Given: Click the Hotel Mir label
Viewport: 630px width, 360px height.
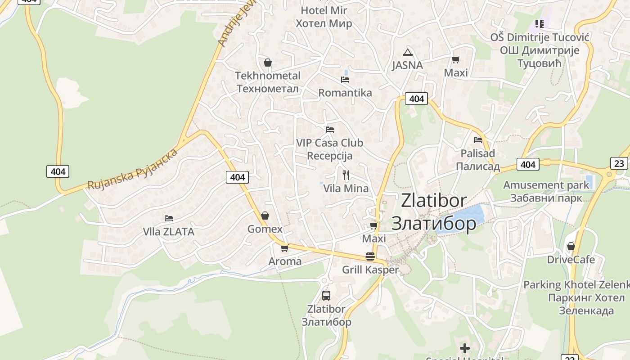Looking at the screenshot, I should pyautogui.click(x=324, y=10).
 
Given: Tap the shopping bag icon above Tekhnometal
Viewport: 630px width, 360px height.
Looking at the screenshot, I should pyautogui.click(x=268, y=63).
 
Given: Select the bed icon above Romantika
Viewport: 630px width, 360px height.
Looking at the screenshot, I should pyautogui.click(x=345, y=80).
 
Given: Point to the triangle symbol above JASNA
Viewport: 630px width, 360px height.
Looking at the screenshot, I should pyautogui.click(x=408, y=52).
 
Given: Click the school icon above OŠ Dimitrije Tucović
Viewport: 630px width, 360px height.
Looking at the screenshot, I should pyautogui.click(x=539, y=24).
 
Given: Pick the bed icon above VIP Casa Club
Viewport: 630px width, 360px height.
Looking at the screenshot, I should pyautogui.click(x=330, y=130).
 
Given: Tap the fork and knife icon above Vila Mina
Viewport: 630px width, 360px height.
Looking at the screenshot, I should pyautogui.click(x=346, y=175).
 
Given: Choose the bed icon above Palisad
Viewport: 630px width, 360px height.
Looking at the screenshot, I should pyautogui.click(x=478, y=140).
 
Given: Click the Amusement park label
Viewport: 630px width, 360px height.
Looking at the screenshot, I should pyautogui.click(x=546, y=185).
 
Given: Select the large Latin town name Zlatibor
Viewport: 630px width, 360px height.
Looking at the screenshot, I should pyautogui.click(x=434, y=200).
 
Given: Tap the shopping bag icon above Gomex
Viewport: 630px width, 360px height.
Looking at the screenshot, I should pyautogui.click(x=265, y=216).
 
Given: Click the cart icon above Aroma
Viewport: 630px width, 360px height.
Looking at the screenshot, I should pyautogui.click(x=285, y=248).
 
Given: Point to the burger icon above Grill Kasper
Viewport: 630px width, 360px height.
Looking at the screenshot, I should pyautogui.click(x=370, y=256).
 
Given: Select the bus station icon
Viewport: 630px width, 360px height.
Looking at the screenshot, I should pyautogui.click(x=326, y=296).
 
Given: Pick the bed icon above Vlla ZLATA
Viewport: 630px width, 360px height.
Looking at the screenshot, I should pyautogui.click(x=169, y=218).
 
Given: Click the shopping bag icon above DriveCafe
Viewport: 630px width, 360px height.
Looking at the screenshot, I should pyautogui.click(x=571, y=246).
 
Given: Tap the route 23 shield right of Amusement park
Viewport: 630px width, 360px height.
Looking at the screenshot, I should pyautogui.click(x=619, y=163).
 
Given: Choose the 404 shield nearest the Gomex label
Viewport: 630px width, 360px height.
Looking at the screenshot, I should pyautogui.click(x=237, y=177).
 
